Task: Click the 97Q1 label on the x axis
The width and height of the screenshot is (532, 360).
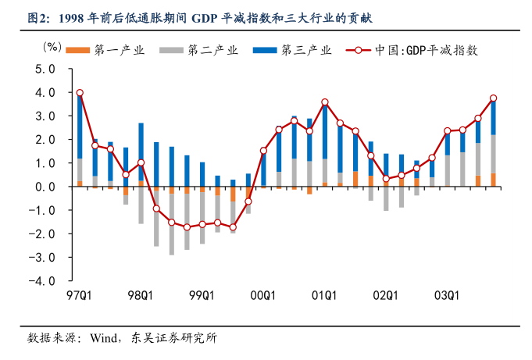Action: (80, 296)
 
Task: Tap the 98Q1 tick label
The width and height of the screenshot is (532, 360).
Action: (141, 296)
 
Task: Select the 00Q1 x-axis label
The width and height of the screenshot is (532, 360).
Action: (263, 296)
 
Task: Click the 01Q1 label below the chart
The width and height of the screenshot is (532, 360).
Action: (324, 296)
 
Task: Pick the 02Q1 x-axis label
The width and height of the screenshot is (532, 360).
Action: (385, 296)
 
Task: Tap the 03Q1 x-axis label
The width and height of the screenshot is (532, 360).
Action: (447, 296)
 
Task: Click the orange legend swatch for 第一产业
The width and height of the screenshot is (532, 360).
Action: (77, 50)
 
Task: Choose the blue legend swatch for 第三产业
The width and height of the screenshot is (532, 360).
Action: (266, 50)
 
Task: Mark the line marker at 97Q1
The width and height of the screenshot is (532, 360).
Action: (80, 93)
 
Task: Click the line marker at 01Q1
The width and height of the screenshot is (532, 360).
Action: (325, 102)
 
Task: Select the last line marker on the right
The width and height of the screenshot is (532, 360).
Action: (493, 98)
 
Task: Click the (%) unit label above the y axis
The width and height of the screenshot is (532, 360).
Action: (52, 46)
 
